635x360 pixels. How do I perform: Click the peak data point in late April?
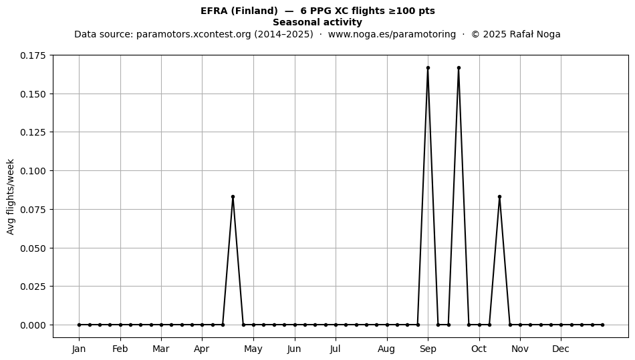(x=233, y=196)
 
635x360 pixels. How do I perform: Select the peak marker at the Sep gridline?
(x=428, y=68)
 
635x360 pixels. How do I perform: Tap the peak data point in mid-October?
(x=500, y=196)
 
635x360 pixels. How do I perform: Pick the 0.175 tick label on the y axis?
(x=33, y=55)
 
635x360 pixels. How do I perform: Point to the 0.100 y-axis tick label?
(x=33, y=171)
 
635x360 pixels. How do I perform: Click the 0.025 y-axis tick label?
(x=33, y=287)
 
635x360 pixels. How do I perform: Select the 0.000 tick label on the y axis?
(x=33, y=325)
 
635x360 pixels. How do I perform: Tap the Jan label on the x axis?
(x=79, y=349)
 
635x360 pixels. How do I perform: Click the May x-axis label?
(x=253, y=349)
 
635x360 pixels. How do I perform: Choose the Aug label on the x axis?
(x=386, y=349)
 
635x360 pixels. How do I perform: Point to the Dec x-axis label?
(x=561, y=349)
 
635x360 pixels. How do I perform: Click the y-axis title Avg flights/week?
(x=11, y=196)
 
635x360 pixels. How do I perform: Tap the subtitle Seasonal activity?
(x=317, y=22)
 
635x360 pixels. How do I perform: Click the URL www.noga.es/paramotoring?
(x=392, y=34)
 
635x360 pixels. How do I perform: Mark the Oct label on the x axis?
(x=479, y=349)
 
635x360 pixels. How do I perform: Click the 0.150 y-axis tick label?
(x=33, y=94)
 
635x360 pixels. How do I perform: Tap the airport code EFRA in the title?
(x=215, y=11)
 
